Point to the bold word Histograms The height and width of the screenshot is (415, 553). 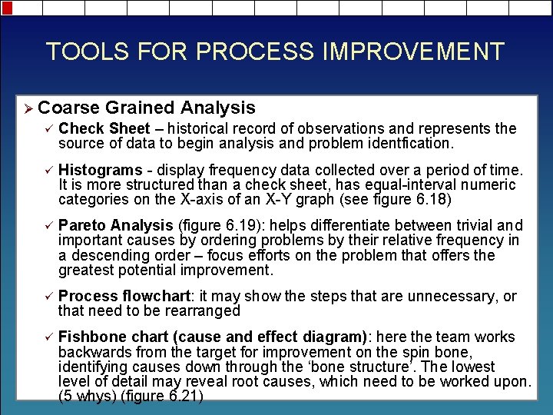tap(100, 170)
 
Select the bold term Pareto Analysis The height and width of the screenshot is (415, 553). tap(116, 225)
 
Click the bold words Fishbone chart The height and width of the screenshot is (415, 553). tap(104, 337)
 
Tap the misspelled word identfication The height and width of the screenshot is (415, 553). tap(409, 143)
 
